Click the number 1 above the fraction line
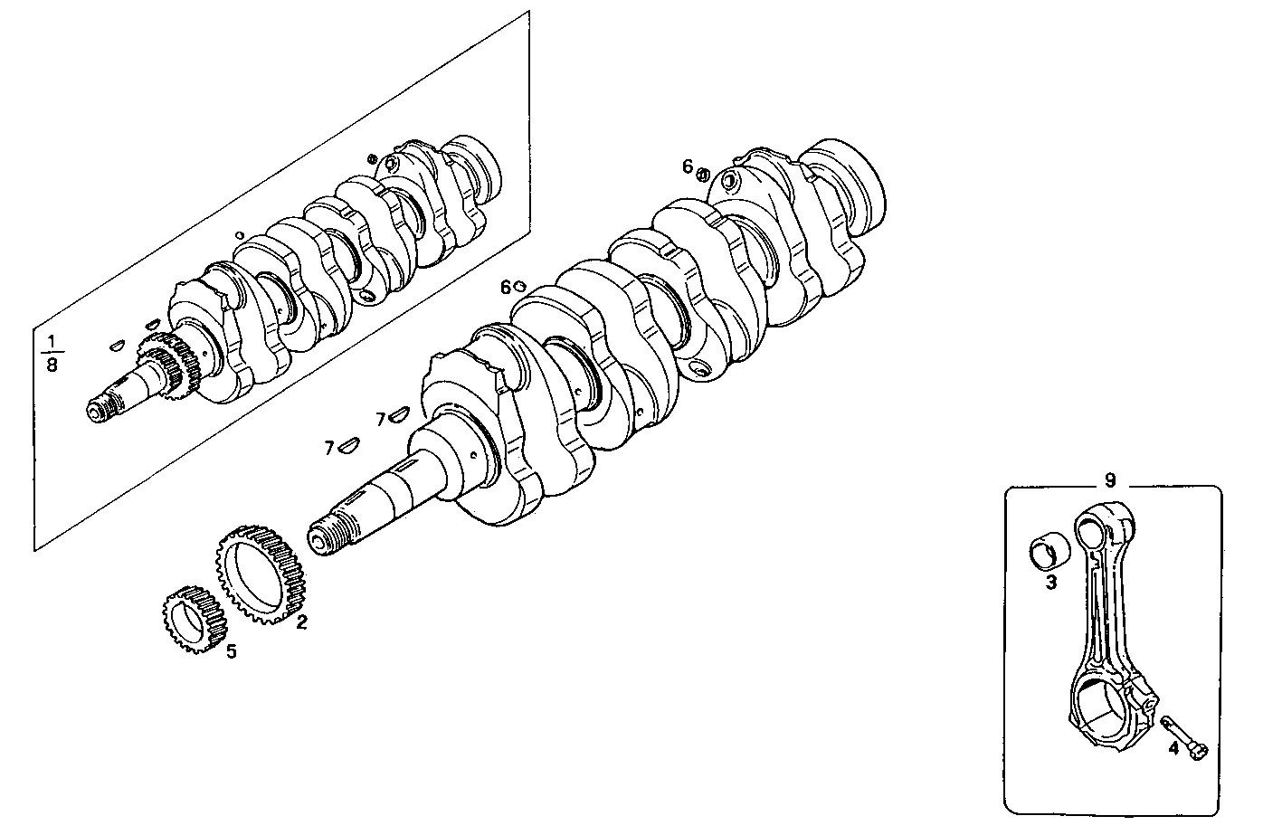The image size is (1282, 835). coord(52,340)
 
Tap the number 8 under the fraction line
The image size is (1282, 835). coord(52,365)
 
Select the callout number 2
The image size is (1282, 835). coord(301,622)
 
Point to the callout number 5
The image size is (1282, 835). coord(232,651)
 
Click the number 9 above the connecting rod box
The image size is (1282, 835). coord(1110,479)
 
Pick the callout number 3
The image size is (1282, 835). coord(1051,584)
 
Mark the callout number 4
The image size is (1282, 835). coord(1173,749)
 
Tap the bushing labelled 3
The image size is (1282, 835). coord(1050,553)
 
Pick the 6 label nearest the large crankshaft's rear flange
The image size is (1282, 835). coord(688,166)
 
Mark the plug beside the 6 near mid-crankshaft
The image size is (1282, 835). coord(520,287)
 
